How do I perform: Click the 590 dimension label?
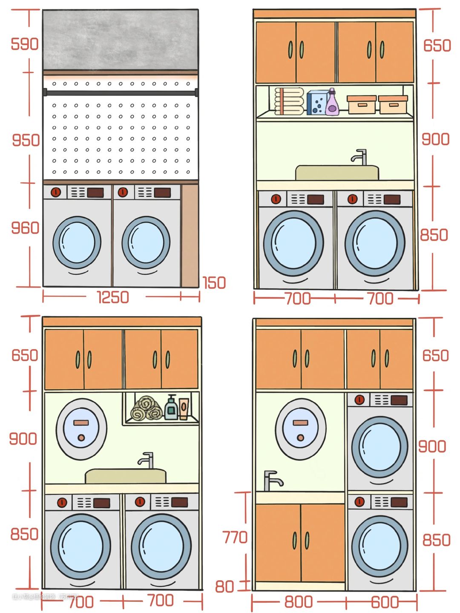[x=24, y=44]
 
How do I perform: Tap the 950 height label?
[x=26, y=140]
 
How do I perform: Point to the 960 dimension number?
[x=25, y=228]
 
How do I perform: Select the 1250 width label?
[x=113, y=297]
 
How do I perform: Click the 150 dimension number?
[x=214, y=283]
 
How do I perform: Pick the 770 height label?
[x=235, y=538]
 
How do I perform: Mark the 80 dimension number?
[x=224, y=587]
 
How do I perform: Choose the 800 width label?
[x=299, y=602]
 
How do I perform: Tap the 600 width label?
[x=385, y=602]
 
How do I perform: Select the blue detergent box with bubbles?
[x=317, y=102]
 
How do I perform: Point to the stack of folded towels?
[x=289, y=101]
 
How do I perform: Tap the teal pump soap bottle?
[x=171, y=408]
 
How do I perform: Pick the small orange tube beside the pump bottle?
[x=184, y=409]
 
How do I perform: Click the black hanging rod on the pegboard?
[x=121, y=92]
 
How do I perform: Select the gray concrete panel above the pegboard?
[x=121, y=40]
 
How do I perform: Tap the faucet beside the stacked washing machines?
[x=271, y=481]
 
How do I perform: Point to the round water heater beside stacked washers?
[x=300, y=429]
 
